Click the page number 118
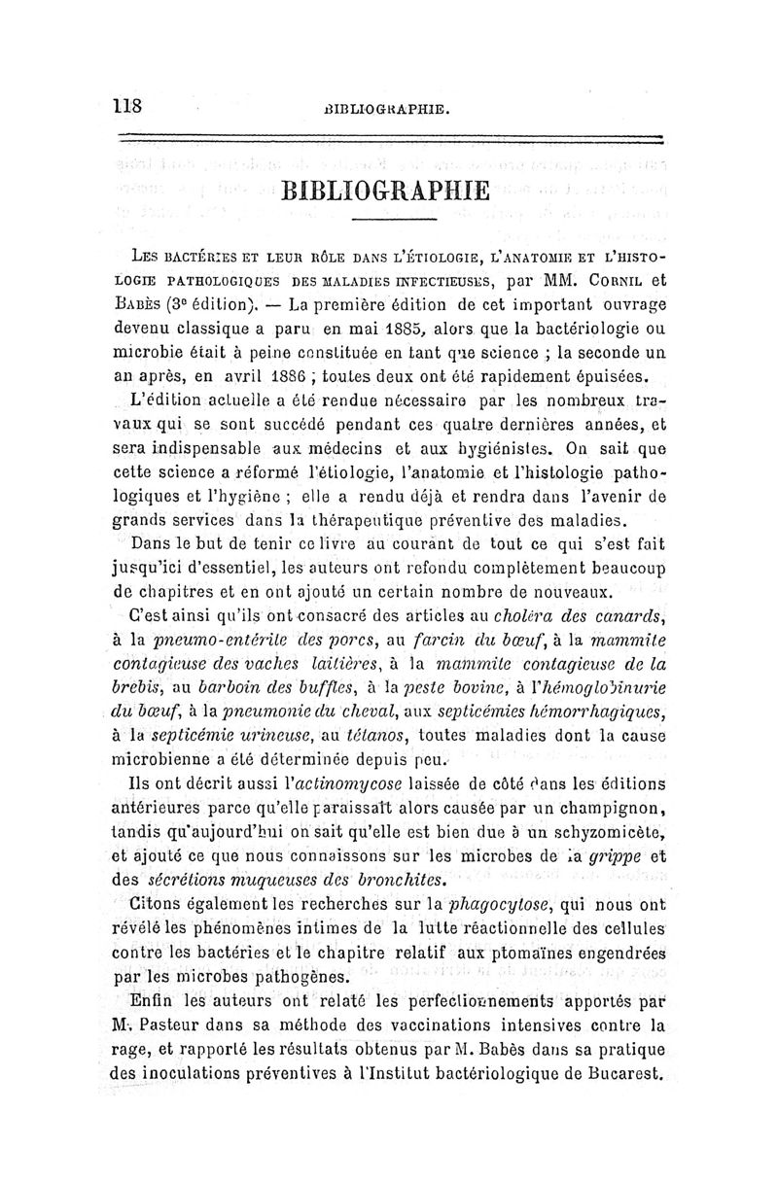click(x=127, y=105)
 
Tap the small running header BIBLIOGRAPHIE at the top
click(x=389, y=109)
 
